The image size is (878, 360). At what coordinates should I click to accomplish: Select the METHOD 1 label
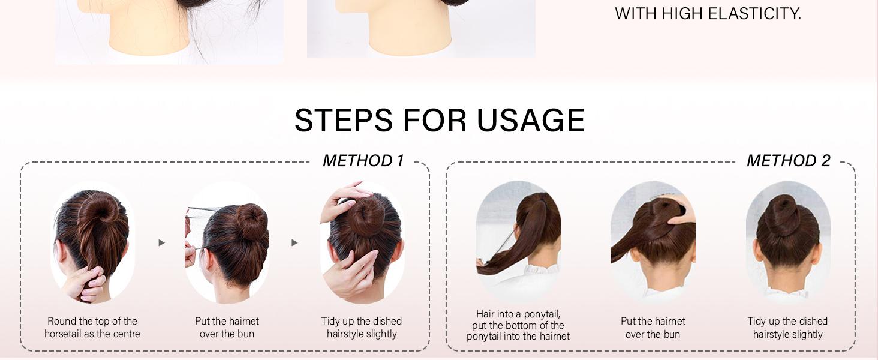363,161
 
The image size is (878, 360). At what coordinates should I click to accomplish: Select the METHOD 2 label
788,161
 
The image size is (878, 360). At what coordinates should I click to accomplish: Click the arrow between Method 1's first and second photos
161,243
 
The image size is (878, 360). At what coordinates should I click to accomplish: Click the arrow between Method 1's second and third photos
294,243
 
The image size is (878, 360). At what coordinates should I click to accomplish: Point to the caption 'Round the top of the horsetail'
92,328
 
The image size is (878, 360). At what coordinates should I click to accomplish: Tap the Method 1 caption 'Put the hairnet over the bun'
227,328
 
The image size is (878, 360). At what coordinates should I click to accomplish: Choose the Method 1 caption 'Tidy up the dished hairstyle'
362,328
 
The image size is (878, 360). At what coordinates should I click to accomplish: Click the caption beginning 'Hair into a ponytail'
518,325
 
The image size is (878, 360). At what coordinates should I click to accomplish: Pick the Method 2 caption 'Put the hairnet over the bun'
653,328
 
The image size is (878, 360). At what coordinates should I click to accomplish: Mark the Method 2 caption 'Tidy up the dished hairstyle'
787,328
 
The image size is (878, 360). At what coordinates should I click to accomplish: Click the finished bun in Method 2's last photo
783,213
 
